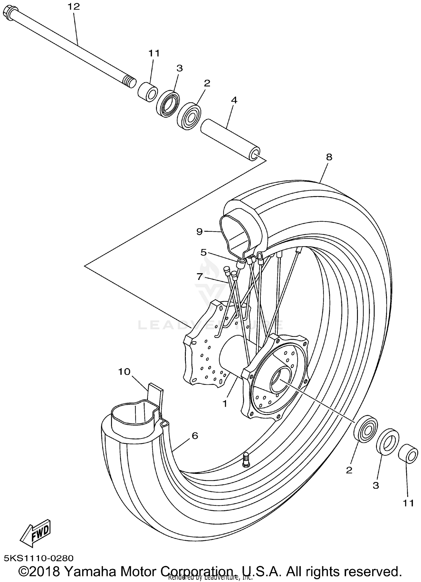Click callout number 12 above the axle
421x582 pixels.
tap(74, 7)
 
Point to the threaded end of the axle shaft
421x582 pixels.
tap(129, 82)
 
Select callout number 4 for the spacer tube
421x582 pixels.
tap(234, 100)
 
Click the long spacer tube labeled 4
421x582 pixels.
tap(230, 140)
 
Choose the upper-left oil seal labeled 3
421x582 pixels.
tap(168, 104)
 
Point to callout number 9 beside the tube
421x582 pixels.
tap(199, 232)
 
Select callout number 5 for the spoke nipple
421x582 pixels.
tap(203, 252)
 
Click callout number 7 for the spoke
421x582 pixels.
tap(199, 277)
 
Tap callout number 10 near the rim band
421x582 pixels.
tap(124, 372)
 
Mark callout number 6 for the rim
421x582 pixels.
tap(195, 436)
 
